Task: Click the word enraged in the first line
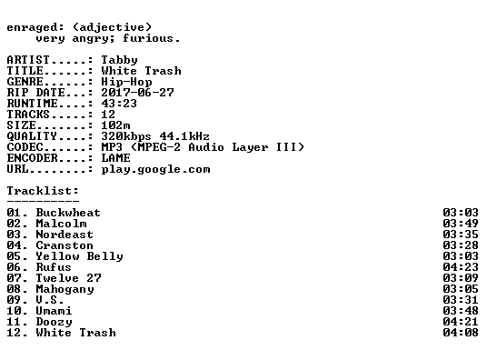pyautogui.click(x=32, y=28)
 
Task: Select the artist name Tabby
pyautogui.click(x=119, y=60)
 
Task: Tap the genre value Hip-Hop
pyautogui.click(x=126, y=82)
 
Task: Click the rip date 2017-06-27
pyautogui.click(x=137, y=93)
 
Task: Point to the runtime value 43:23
pyautogui.click(x=119, y=104)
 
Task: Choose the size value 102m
pyautogui.click(x=115, y=125)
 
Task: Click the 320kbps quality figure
pyautogui.click(x=126, y=136)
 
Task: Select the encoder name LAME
pyautogui.click(x=116, y=158)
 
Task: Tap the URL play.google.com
pyautogui.click(x=155, y=170)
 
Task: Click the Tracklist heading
pyautogui.click(x=43, y=191)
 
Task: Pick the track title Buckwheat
pyautogui.click(x=68, y=213)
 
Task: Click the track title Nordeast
pyautogui.click(x=65, y=235)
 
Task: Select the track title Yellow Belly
pyautogui.click(x=80, y=256)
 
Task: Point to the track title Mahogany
pyautogui.click(x=65, y=289)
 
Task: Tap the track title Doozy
pyautogui.click(x=54, y=322)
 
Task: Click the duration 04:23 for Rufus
pyautogui.click(x=461, y=267)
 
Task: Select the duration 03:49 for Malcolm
pyautogui.click(x=461, y=224)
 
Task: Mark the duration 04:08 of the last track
pyautogui.click(x=461, y=333)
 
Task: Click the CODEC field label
pyautogui.click(x=25, y=147)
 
